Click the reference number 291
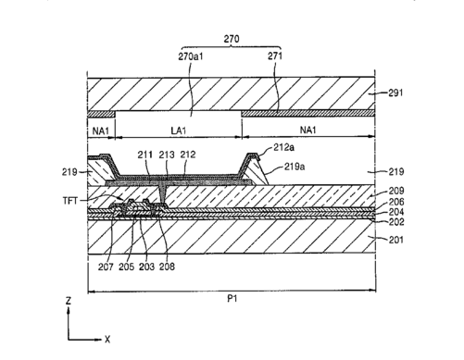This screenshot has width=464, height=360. (x=395, y=93)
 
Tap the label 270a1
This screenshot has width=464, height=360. (x=191, y=56)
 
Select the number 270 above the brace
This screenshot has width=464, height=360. (x=232, y=39)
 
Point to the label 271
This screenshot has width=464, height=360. (x=275, y=56)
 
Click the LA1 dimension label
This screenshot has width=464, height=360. (x=179, y=130)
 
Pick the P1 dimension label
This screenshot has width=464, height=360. (x=232, y=299)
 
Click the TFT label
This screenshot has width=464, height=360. (x=70, y=201)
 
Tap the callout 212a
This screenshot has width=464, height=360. (x=284, y=147)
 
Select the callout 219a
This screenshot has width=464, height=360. (x=295, y=167)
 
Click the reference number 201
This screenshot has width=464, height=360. (x=396, y=240)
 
